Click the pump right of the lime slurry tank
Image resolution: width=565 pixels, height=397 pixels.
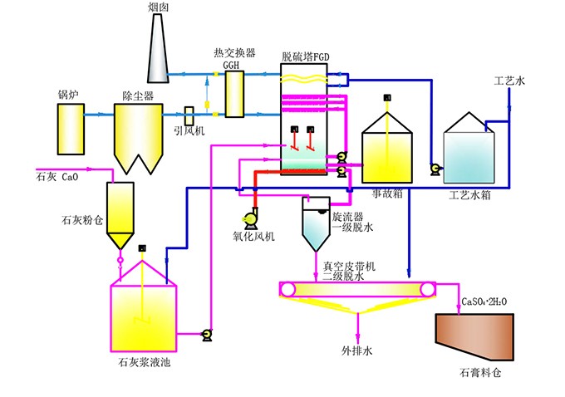click(x=206, y=335)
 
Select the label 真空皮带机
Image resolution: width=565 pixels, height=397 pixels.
click(x=350, y=267)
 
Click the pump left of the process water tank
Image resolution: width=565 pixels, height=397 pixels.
click(x=434, y=169)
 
